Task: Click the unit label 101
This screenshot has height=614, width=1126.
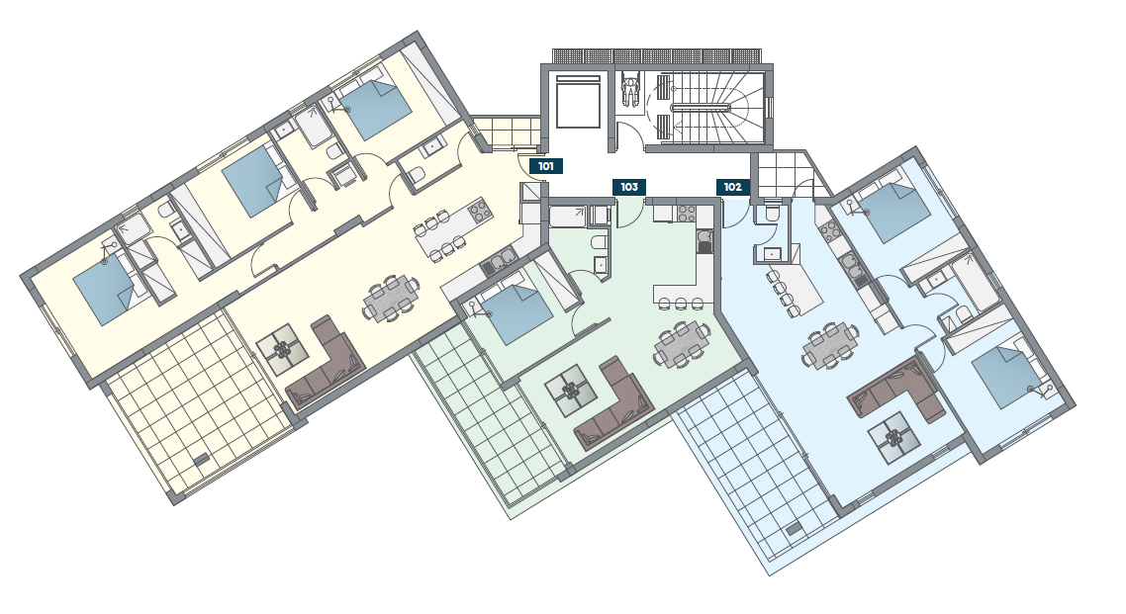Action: click(x=546, y=166)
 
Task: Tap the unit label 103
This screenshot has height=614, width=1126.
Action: click(x=629, y=187)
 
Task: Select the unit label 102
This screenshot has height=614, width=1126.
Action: click(x=732, y=187)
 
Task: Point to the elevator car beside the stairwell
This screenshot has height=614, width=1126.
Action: click(x=578, y=101)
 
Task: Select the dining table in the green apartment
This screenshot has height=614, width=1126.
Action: click(x=682, y=345)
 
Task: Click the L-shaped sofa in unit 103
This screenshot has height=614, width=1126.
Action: click(x=615, y=406)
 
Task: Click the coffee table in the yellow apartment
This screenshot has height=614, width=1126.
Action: click(x=282, y=349)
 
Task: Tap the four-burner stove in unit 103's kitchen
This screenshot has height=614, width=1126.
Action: click(x=687, y=213)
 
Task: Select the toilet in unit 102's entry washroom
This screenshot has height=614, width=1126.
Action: click(x=772, y=213)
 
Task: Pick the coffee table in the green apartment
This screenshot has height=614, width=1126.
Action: click(x=571, y=391)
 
